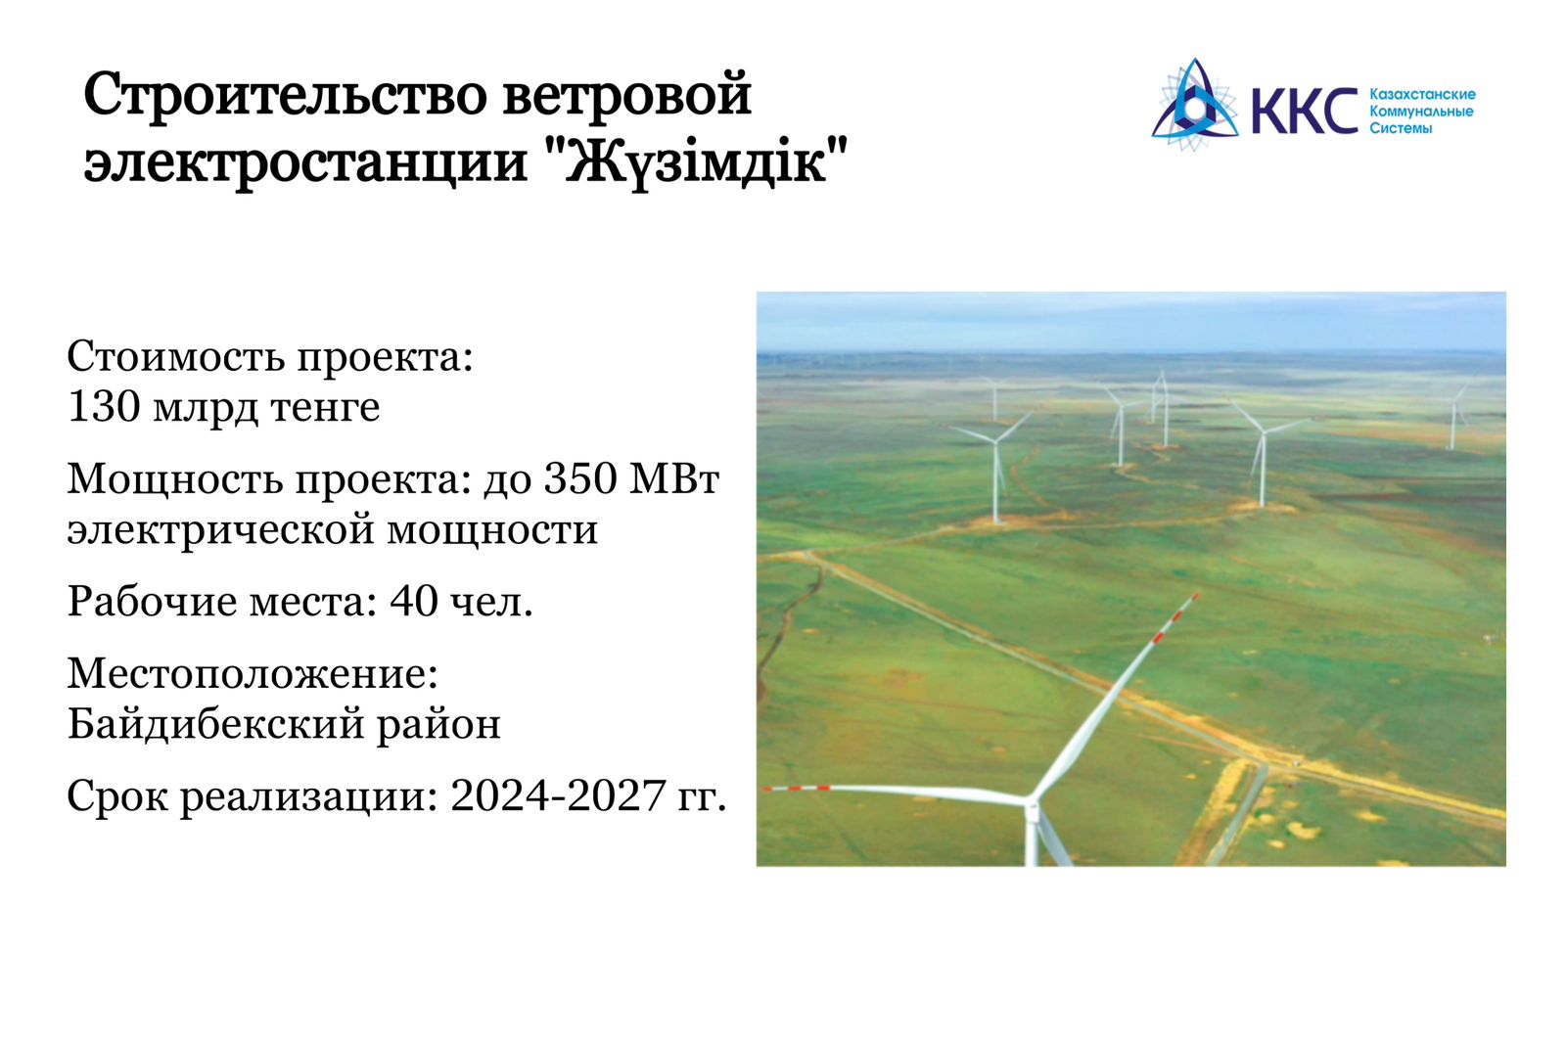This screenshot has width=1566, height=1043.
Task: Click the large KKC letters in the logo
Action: [x=1305, y=112]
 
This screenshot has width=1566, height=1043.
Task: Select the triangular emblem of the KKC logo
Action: [x=1195, y=104]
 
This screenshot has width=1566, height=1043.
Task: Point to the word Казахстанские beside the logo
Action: [x=1423, y=94]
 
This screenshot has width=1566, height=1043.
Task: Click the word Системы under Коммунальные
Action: [x=1401, y=128]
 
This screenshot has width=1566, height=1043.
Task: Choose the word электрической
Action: [x=221, y=530]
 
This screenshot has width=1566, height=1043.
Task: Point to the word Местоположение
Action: [x=253, y=675]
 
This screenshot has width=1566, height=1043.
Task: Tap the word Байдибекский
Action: [x=216, y=724]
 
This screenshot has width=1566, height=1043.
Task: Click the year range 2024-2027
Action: [x=558, y=796]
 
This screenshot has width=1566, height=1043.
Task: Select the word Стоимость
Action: [x=176, y=356]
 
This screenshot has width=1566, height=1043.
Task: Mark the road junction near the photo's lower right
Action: [x=1267, y=763]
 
